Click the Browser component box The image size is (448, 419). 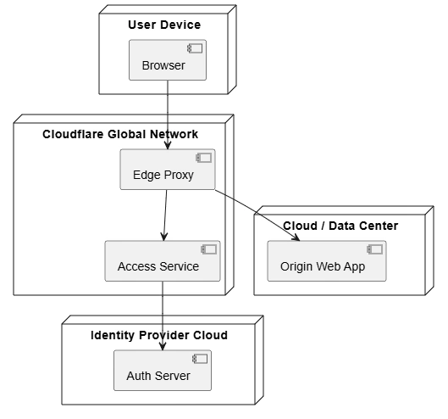pyautogui.click(x=168, y=60)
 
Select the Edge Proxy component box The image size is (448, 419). pyautogui.click(x=168, y=169)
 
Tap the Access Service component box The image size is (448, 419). pyautogui.click(x=163, y=261)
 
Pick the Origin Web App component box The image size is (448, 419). pyautogui.click(x=327, y=261)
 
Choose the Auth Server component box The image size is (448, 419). pyautogui.click(x=163, y=371)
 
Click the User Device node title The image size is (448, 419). pyautogui.click(x=164, y=25)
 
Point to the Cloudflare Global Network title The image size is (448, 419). pyautogui.click(x=120, y=134)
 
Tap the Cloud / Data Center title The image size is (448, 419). pyautogui.click(x=340, y=226)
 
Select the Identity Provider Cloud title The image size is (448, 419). pyautogui.click(x=159, y=335)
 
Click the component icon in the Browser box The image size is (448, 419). pyautogui.click(x=195, y=48)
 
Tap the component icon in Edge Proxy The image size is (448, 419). pyautogui.click(x=204, y=158)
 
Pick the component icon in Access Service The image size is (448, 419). pyautogui.click(x=209, y=249)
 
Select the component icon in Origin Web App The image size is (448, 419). pyautogui.click(x=375, y=249)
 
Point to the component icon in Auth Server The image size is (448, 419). pyautogui.click(x=200, y=359)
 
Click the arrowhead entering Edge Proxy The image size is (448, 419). pyautogui.click(x=168, y=145)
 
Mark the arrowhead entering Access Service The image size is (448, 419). pyautogui.click(x=164, y=237)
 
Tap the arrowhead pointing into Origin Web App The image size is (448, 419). pyautogui.click(x=296, y=237)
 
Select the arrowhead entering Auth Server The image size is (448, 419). pyautogui.click(x=163, y=346)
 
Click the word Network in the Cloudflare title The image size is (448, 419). pyautogui.click(x=174, y=134)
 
